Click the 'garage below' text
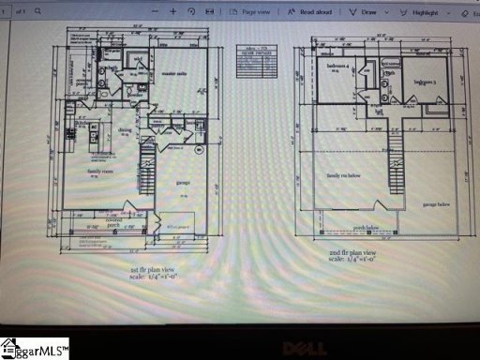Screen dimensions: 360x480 [438, 203]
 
